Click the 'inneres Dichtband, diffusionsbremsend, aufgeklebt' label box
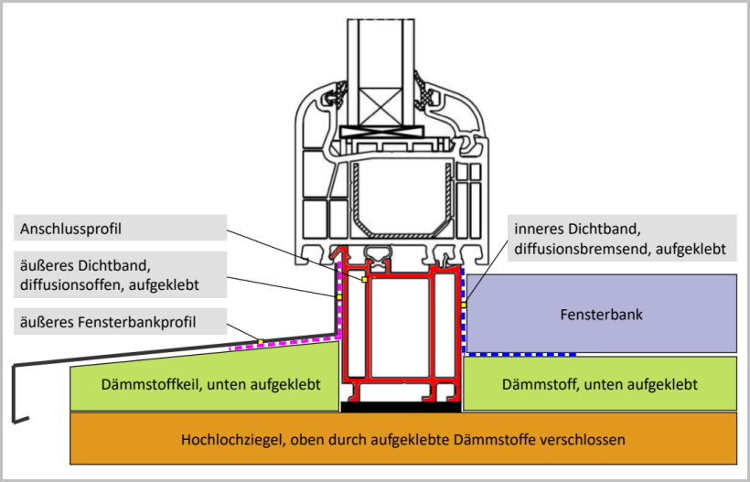(618, 237)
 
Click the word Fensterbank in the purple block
(601, 315)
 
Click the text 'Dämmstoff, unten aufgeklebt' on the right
(600, 384)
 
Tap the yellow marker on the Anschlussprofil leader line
(364, 280)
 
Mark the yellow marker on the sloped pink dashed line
(260, 342)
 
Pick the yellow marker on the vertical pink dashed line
(338, 296)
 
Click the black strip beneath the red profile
(402, 405)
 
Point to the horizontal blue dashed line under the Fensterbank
(521, 354)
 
